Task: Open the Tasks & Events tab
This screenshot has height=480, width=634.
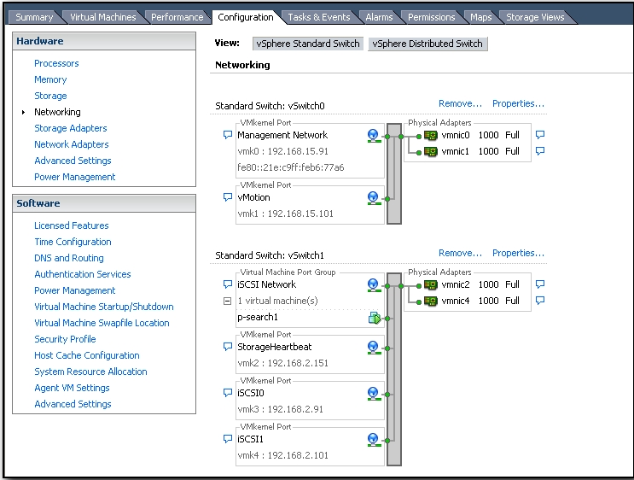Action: pyautogui.click(x=318, y=17)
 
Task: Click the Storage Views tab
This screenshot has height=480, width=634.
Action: pyautogui.click(x=535, y=17)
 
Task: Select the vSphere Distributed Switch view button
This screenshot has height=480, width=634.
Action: pyautogui.click(x=428, y=44)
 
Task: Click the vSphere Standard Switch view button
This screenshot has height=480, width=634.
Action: pyautogui.click(x=308, y=44)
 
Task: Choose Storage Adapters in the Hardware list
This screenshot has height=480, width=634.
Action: pyautogui.click(x=70, y=128)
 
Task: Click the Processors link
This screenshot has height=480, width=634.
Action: pyautogui.click(x=56, y=63)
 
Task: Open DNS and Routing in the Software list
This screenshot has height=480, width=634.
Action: pyautogui.click(x=69, y=258)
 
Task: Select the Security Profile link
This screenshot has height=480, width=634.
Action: pyautogui.click(x=65, y=339)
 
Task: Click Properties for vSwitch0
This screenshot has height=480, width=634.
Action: pyautogui.click(x=518, y=103)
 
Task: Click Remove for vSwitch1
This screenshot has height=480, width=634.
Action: pyautogui.click(x=460, y=254)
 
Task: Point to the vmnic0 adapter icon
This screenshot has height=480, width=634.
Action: pyautogui.click(x=431, y=136)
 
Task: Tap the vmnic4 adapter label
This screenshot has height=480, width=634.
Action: pyautogui.click(x=456, y=301)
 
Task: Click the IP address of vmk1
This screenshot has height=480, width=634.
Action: pyautogui.click(x=300, y=214)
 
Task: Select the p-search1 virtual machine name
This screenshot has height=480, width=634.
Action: pyautogui.click(x=258, y=318)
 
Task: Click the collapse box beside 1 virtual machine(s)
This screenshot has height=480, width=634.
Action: pyautogui.click(x=227, y=301)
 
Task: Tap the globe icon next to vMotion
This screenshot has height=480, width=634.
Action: pyautogui.click(x=374, y=198)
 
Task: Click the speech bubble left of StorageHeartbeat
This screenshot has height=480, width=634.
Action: pyautogui.click(x=228, y=347)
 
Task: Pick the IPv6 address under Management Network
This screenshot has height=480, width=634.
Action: pyautogui.click(x=290, y=167)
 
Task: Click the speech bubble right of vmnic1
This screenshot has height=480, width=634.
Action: pyautogui.click(x=540, y=151)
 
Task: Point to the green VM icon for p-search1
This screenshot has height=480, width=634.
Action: pyautogui.click(x=375, y=318)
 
